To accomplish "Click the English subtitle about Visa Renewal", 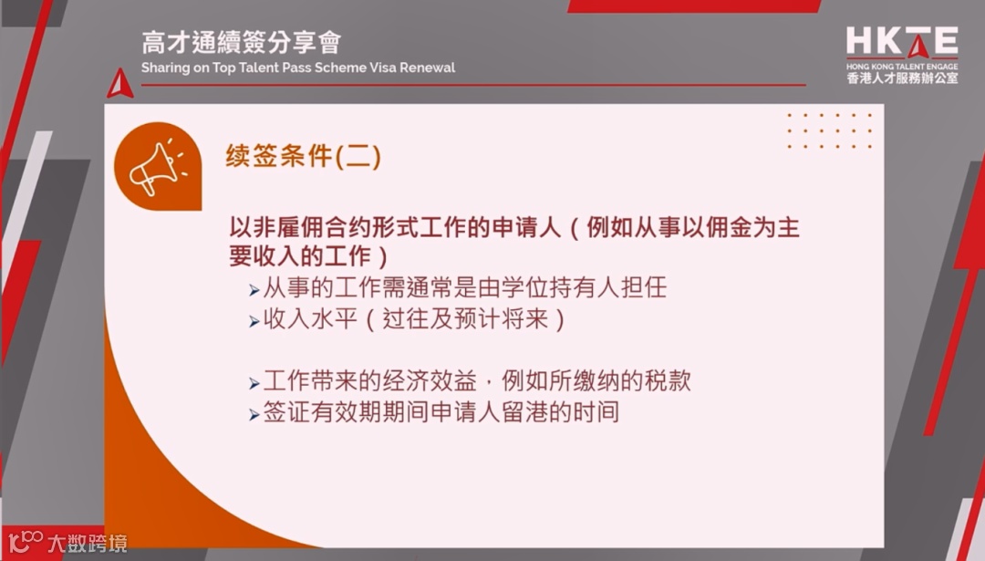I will pyautogui.click(x=298, y=68).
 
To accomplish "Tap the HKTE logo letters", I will pyautogui.click(x=901, y=42).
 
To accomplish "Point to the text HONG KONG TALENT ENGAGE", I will pyautogui.click(x=901, y=67).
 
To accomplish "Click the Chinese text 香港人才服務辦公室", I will pyautogui.click(x=901, y=79).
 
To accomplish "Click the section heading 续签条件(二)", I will pyautogui.click(x=303, y=157).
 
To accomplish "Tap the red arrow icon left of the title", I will pyautogui.click(x=119, y=83).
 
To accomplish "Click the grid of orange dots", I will pyautogui.click(x=829, y=130).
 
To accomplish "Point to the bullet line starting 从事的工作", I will pyautogui.click(x=464, y=289).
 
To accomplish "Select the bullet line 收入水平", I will pyautogui.click(x=415, y=320).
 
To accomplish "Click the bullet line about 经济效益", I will pyautogui.click(x=476, y=381).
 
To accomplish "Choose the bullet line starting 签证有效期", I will pyautogui.click(x=441, y=412).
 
